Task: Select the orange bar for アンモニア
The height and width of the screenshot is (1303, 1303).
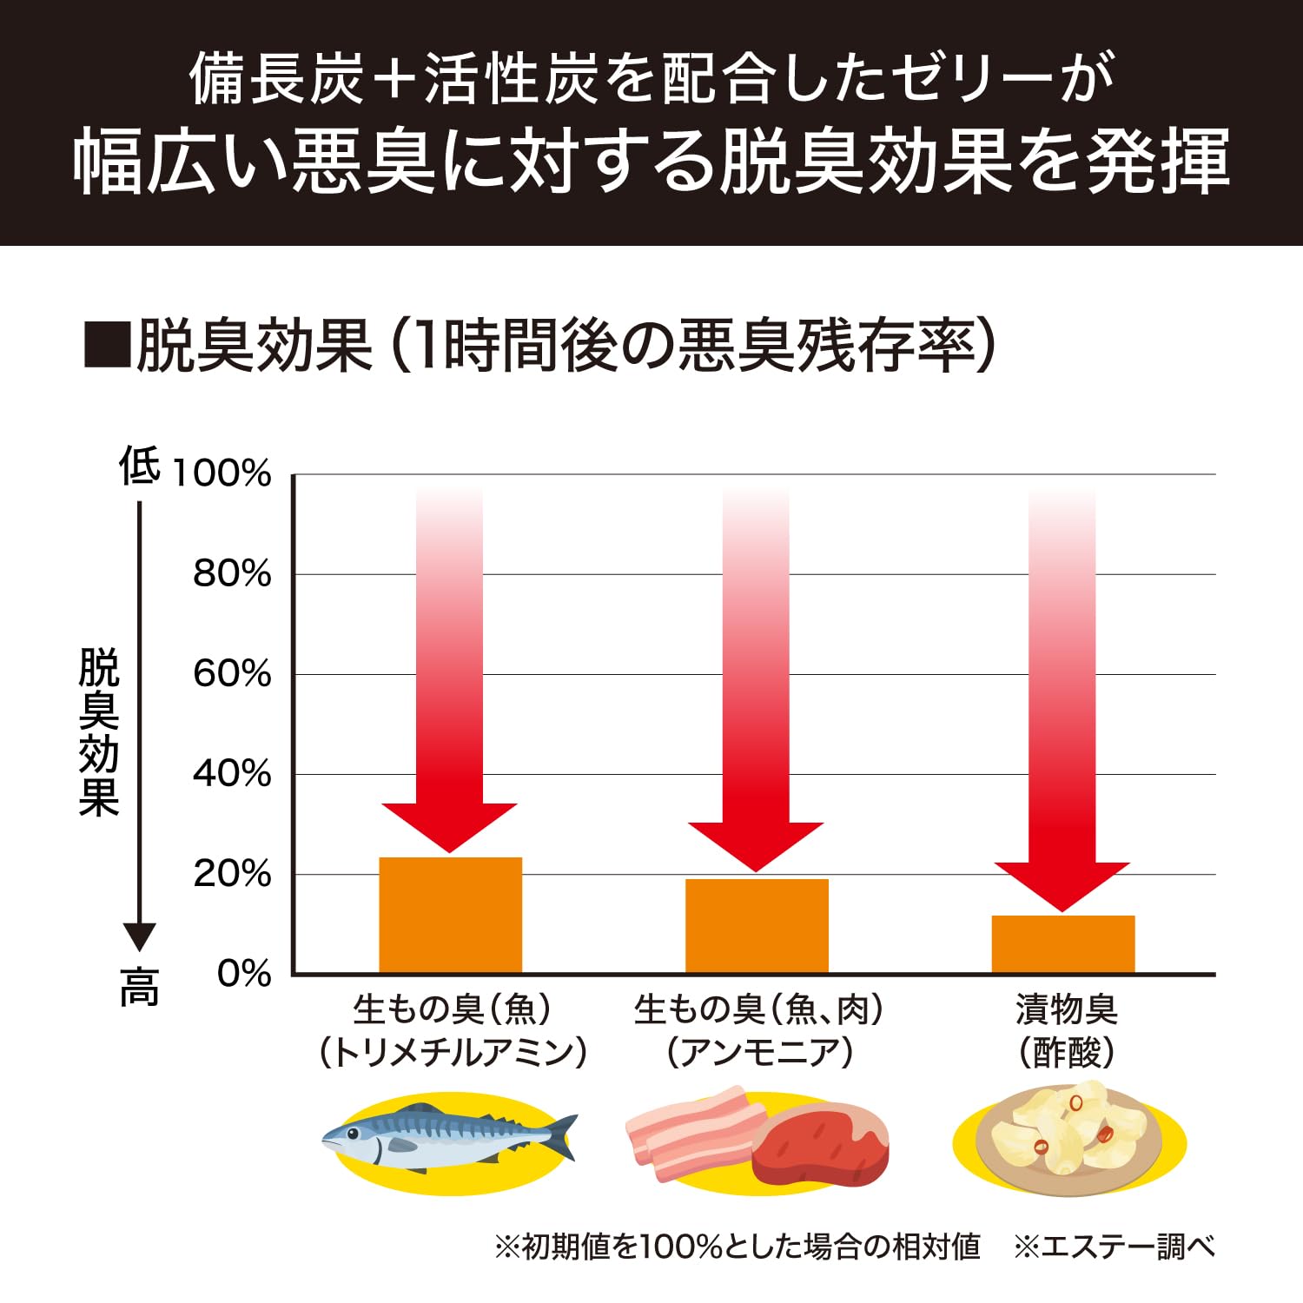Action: (x=757, y=926)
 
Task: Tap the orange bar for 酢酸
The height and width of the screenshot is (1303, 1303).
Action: (x=1063, y=944)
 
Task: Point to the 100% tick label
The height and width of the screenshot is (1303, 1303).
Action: (x=222, y=474)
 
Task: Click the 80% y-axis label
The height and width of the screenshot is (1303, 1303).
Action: (x=232, y=574)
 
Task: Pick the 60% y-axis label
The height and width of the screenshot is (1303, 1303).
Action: (x=232, y=674)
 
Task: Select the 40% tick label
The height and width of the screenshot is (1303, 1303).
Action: (x=232, y=774)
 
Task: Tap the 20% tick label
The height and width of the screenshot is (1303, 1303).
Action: (x=232, y=874)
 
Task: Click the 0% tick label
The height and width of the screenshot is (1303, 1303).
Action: (x=244, y=974)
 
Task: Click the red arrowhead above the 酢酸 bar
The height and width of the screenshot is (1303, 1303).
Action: (x=1062, y=883)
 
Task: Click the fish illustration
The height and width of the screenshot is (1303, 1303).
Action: (x=448, y=1139)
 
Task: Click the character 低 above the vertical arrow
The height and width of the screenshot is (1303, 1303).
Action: (x=140, y=466)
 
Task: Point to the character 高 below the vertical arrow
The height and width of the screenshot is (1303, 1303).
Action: (x=140, y=988)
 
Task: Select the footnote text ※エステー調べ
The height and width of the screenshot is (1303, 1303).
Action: (x=1114, y=1247)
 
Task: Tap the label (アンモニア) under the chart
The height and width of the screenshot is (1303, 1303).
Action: (x=760, y=1053)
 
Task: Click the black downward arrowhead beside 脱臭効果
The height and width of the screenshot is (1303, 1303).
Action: (x=140, y=936)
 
